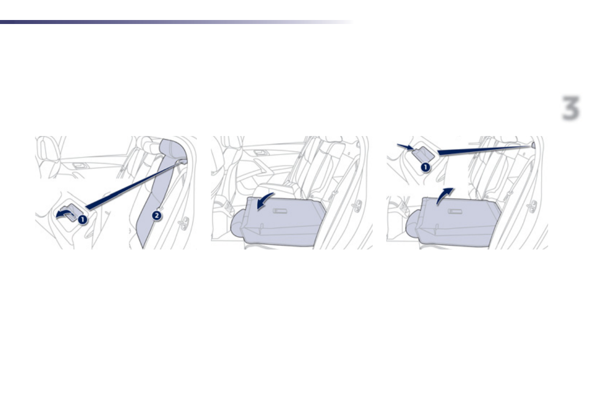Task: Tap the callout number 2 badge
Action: tap(157, 216)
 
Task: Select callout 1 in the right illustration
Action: tap(425, 167)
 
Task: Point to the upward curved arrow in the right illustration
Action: tap(444, 196)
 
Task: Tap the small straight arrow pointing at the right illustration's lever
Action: tap(406, 146)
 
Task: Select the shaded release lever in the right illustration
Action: tap(424, 155)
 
